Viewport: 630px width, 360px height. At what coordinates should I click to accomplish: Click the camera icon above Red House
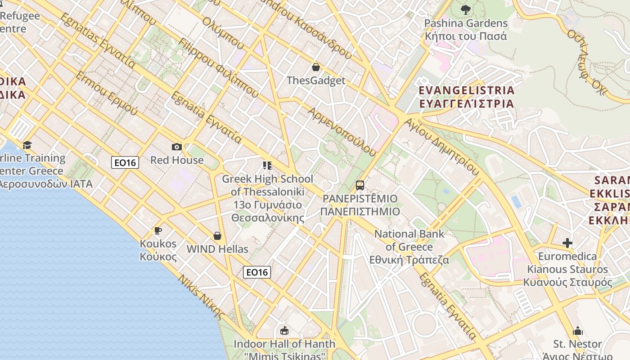[177, 147]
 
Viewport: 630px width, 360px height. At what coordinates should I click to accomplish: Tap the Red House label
[177, 160]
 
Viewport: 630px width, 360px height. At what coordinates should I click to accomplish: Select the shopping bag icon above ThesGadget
[316, 67]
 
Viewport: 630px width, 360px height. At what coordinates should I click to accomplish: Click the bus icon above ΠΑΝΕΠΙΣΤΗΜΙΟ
[360, 185]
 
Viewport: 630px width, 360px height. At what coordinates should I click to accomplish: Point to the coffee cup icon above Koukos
[157, 231]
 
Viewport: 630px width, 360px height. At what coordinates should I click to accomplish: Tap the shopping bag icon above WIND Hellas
[217, 236]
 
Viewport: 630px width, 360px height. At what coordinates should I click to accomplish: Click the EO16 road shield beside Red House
[125, 162]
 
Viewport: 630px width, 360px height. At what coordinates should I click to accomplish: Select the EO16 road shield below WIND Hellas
[257, 272]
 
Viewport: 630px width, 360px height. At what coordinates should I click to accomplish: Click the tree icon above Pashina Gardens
[466, 9]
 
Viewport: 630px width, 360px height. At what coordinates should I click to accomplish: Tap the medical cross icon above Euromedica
[567, 243]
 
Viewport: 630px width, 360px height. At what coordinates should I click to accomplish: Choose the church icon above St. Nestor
[578, 331]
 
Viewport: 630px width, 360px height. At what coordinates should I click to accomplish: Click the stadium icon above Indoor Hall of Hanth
[284, 331]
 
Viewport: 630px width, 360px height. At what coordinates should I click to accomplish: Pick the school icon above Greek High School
[267, 166]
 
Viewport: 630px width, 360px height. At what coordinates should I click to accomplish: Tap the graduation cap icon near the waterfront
[27, 145]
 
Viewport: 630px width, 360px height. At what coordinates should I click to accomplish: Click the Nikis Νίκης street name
[201, 297]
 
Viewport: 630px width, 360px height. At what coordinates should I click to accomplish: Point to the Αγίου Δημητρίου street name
[441, 146]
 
